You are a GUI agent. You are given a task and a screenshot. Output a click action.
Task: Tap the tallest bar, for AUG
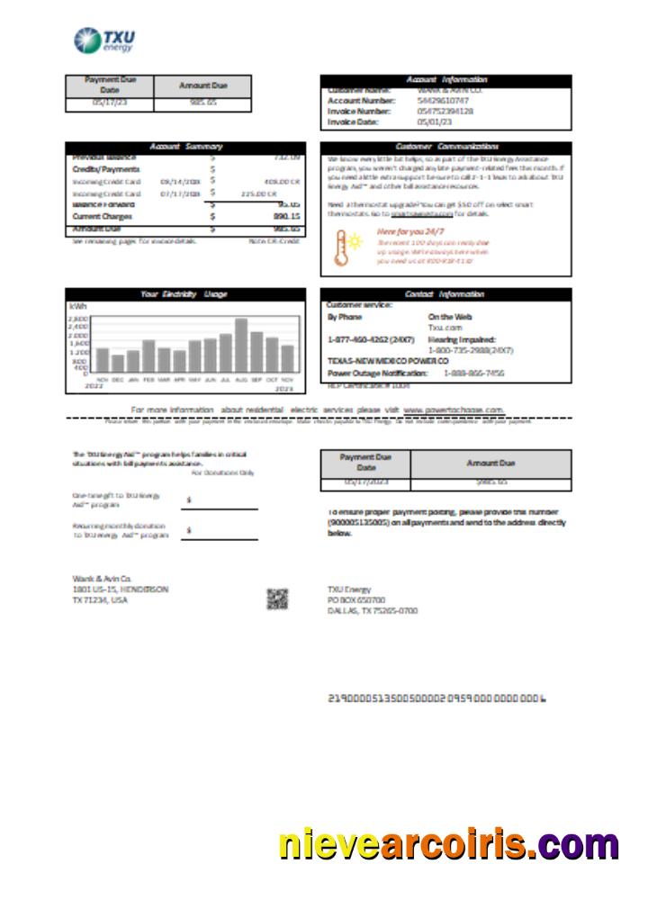pyautogui.click(x=241, y=346)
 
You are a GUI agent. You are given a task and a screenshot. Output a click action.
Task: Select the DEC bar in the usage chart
pyautogui.click(x=117, y=363)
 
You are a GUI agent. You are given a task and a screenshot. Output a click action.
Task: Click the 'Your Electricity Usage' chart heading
pyautogui.click(x=184, y=293)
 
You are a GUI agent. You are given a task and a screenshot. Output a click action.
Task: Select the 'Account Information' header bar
pyautogui.click(x=445, y=80)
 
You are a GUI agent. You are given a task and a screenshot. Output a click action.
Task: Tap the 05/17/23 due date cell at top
pyautogui.click(x=109, y=103)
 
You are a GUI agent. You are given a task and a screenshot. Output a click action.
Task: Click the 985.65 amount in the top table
pyautogui.click(x=202, y=103)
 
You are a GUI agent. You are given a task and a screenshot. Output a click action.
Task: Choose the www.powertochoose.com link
pyautogui.click(x=453, y=409)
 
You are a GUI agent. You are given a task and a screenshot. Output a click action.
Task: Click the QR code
pyautogui.click(x=277, y=598)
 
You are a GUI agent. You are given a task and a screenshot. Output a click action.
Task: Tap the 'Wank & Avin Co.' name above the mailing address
pyautogui.click(x=102, y=578)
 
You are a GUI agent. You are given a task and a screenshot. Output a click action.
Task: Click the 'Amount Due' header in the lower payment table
pyautogui.click(x=490, y=463)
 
